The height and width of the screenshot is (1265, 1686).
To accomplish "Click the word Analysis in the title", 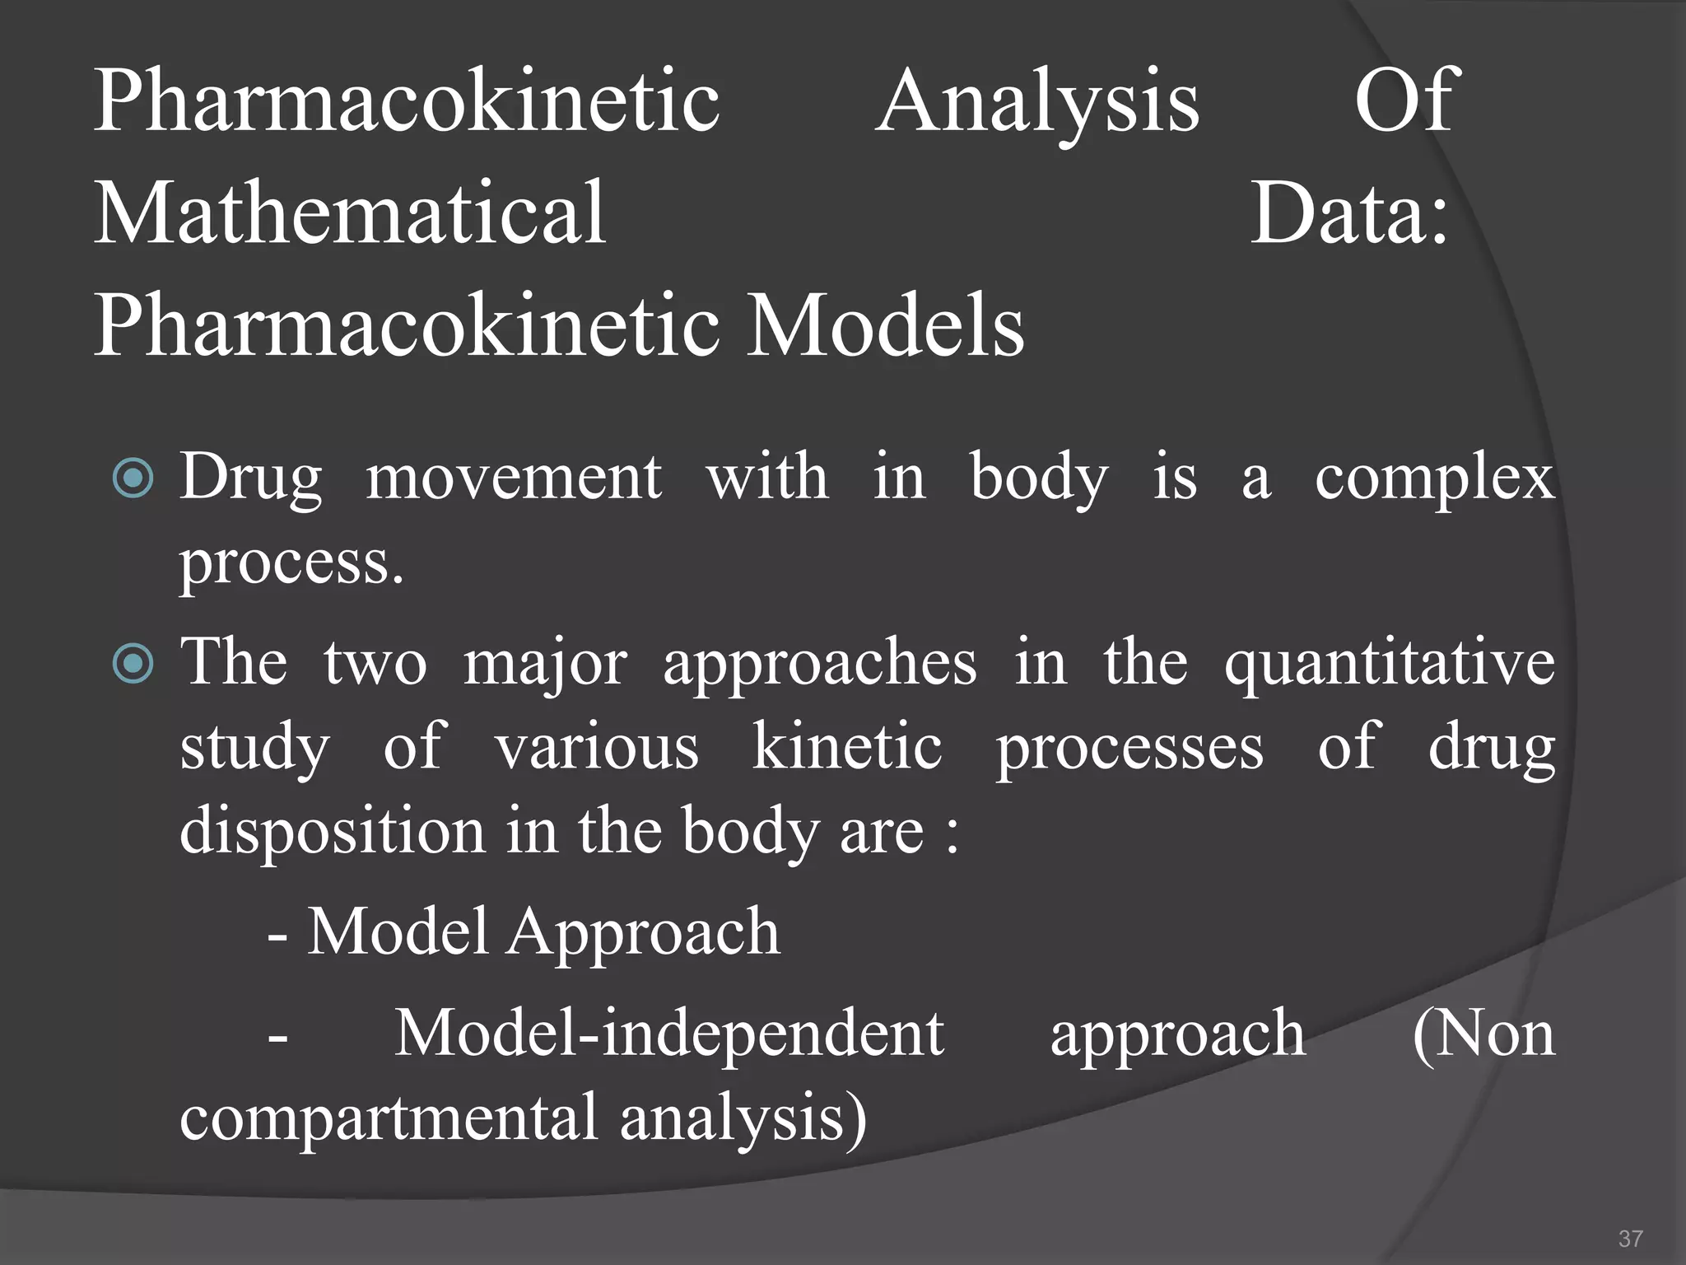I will [x=1037, y=103].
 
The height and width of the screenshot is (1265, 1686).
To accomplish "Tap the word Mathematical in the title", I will [x=351, y=214].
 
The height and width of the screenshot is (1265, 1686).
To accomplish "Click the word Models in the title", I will [x=885, y=327].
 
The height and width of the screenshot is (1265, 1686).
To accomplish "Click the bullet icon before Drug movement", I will [x=133, y=478].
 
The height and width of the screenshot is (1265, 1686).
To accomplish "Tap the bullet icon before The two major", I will [x=133, y=664].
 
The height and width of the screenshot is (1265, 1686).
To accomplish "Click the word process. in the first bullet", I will [x=292, y=565].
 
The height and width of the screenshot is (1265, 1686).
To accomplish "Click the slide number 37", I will [x=1630, y=1239].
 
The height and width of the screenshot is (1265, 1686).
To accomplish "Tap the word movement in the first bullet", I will [x=514, y=478].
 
